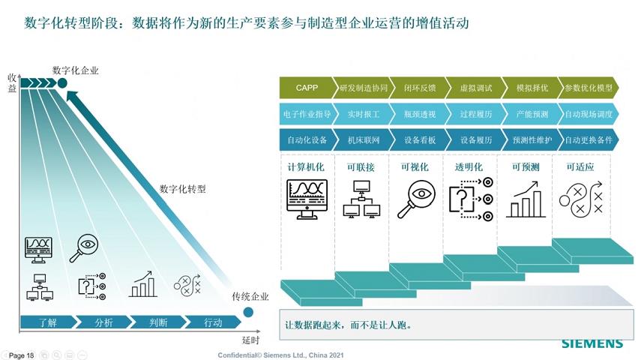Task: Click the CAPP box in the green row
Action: pyautogui.click(x=307, y=88)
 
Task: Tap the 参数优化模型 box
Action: pyautogui.click(x=589, y=88)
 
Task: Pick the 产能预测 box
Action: pyautogui.click(x=532, y=114)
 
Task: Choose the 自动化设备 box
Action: pyautogui.click(x=307, y=139)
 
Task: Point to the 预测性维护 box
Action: pyautogui.click(x=532, y=139)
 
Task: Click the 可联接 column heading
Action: pyautogui.click(x=362, y=166)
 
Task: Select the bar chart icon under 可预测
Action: pyautogui.click(x=526, y=201)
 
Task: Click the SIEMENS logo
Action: pyautogui.click(x=592, y=343)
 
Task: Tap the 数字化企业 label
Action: pyautogui.click(x=76, y=70)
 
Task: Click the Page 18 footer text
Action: pyautogui.click(x=21, y=355)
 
